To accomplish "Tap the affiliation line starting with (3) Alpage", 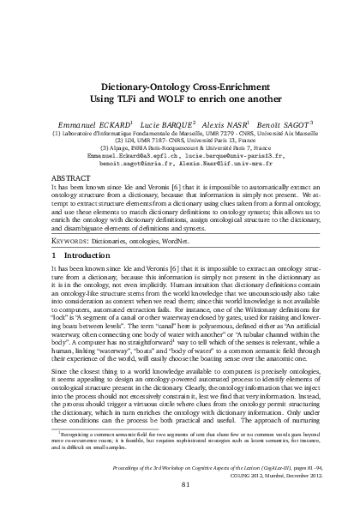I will [179, 148].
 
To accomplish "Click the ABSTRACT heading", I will [73, 177].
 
